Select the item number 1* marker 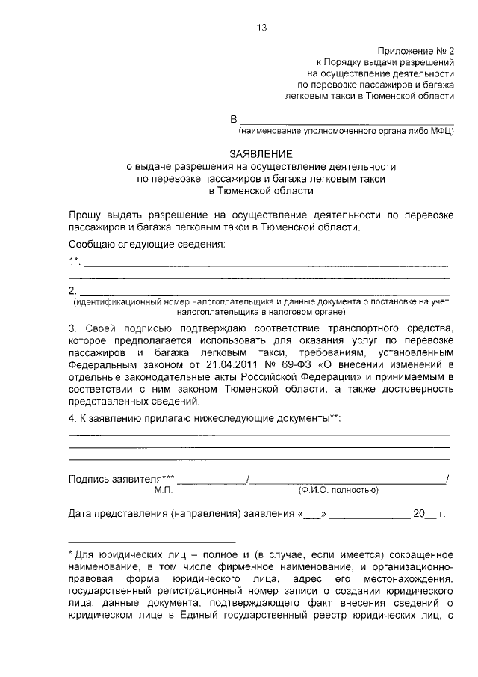(74, 261)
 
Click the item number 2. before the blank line (72, 290)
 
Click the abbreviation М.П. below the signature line (164, 491)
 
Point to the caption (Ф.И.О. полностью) (337, 491)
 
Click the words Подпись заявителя (115, 479)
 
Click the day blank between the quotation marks (314, 515)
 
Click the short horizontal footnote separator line (152, 541)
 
